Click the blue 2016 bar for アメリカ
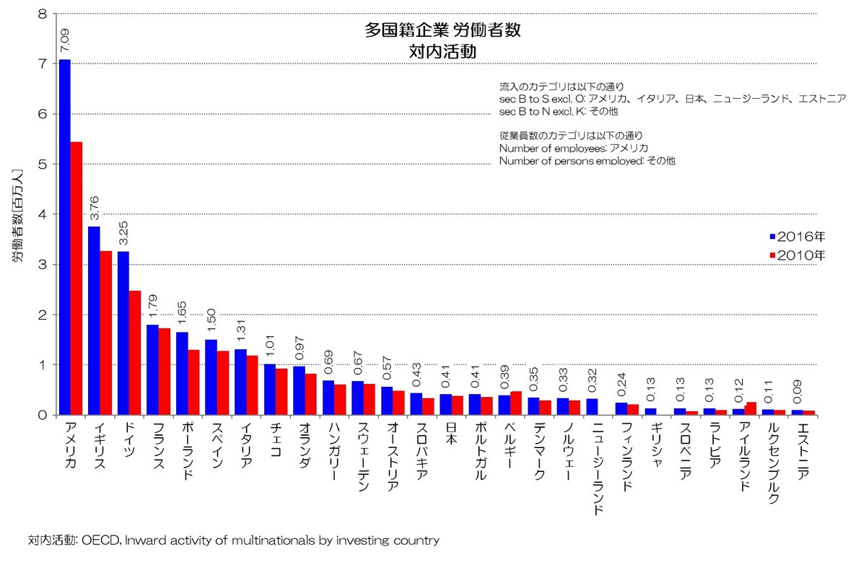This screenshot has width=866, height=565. tap(65, 238)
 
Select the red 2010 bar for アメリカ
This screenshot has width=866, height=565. tap(76, 279)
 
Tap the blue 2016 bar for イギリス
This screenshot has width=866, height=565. tap(94, 321)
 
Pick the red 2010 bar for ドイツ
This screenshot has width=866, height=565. tap(135, 353)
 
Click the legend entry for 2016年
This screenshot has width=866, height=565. tap(797, 237)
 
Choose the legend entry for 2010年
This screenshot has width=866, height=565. tap(797, 255)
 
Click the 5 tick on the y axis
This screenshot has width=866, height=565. tap(45, 164)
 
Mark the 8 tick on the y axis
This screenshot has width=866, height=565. tap(45, 14)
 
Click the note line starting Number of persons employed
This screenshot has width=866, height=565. tap(587, 161)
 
